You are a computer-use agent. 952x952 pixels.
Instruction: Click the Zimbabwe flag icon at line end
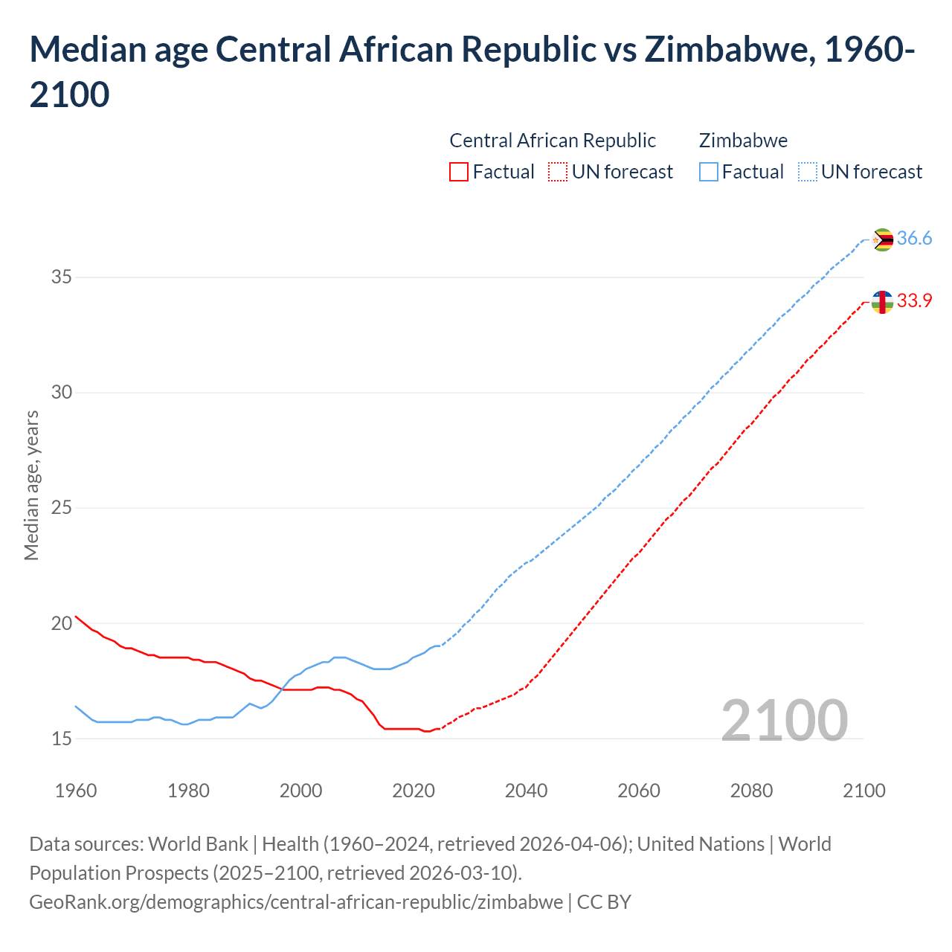(882, 239)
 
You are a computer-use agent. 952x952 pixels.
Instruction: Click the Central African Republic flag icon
(882, 302)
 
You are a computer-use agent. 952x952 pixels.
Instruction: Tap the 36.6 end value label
(914, 239)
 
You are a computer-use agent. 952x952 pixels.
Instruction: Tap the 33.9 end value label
(914, 301)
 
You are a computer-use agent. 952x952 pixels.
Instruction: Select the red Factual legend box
(459, 172)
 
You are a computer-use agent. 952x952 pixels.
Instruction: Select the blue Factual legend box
(709, 172)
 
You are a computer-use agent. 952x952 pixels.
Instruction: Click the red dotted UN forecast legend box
(558, 172)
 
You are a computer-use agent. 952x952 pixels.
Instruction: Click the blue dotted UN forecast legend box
(807, 172)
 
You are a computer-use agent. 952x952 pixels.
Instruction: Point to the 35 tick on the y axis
(61, 277)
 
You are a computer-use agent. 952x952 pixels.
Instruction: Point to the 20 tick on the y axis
(61, 623)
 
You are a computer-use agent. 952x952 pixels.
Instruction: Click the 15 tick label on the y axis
(61, 739)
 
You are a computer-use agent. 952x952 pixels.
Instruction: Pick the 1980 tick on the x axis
(188, 791)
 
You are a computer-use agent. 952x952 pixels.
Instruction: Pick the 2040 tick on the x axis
(526, 791)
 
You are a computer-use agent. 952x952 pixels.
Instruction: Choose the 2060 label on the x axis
(639, 791)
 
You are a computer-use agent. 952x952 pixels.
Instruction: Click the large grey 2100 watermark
(784, 720)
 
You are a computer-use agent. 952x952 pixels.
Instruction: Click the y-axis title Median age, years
(31, 484)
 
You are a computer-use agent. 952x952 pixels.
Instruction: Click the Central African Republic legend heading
(553, 141)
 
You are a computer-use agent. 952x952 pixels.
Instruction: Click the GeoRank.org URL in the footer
(296, 902)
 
